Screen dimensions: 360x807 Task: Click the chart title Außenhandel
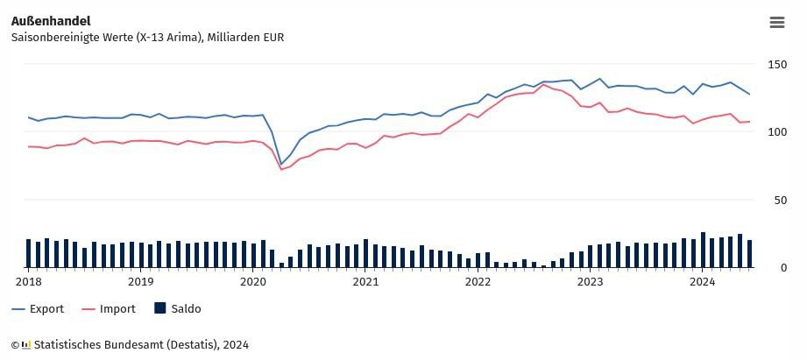pyautogui.click(x=51, y=20)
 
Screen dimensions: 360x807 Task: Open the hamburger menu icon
pyautogui.click(x=776, y=23)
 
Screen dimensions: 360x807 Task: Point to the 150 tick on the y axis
pyautogui.click(x=777, y=64)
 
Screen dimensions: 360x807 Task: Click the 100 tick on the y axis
pyautogui.click(x=777, y=132)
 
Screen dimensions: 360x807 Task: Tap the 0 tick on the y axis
pyautogui.click(x=771, y=268)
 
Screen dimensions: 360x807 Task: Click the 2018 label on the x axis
pyautogui.click(x=28, y=282)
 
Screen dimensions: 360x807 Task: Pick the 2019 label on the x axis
pyautogui.click(x=140, y=282)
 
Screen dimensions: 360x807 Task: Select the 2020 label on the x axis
pyautogui.click(x=252, y=282)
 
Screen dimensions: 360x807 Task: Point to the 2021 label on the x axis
pyautogui.click(x=365, y=282)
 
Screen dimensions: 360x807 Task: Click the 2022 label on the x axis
pyautogui.click(x=478, y=282)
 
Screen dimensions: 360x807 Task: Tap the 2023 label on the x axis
pyautogui.click(x=590, y=282)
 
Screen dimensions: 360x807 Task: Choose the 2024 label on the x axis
pyautogui.click(x=702, y=282)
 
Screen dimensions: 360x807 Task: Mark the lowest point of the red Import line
pyautogui.click(x=281, y=169)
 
